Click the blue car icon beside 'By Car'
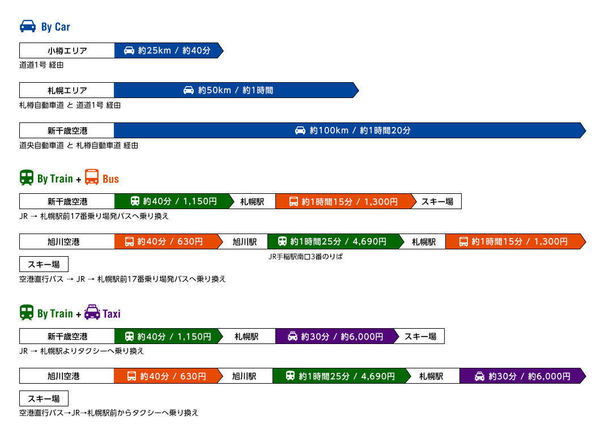pyautogui.click(x=28, y=26)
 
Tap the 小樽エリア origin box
pyautogui.click(x=67, y=50)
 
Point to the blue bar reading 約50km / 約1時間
pyautogui.click(x=236, y=90)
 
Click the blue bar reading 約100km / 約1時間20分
pyautogui.click(x=350, y=130)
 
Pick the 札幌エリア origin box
pyautogui.click(x=67, y=90)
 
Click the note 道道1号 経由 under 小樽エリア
pyautogui.click(x=41, y=65)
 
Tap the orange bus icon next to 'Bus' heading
pyautogui.click(x=92, y=177)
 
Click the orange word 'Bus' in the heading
pyautogui.click(x=110, y=179)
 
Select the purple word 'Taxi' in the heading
pyautogui.click(x=112, y=313)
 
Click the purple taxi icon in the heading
pyautogui.click(x=92, y=312)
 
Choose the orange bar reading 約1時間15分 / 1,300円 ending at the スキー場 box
pyautogui.click(x=346, y=201)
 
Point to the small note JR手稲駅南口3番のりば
pyautogui.click(x=306, y=257)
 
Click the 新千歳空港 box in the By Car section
pyautogui.click(x=67, y=130)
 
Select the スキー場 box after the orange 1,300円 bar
pyautogui.click(x=437, y=201)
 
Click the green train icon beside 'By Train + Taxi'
pyautogui.click(x=27, y=312)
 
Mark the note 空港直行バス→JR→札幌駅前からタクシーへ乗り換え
pyautogui.click(x=109, y=413)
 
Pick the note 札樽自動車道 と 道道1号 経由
pyautogui.click(x=70, y=105)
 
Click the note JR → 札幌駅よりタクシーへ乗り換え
pyautogui.click(x=82, y=351)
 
